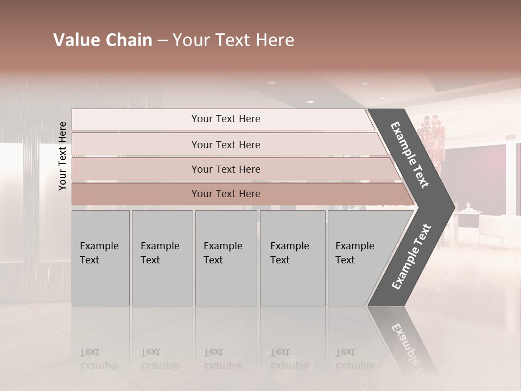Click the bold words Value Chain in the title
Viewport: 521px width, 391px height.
(x=103, y=40)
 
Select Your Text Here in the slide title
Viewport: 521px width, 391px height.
(x=233, y=40)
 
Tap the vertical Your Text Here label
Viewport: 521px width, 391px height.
(x=62, y=156)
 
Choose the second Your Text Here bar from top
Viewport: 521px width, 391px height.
(x=226, y=144)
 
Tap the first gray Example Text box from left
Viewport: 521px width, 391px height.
(x=100, y=258)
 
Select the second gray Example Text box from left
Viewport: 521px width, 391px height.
(x=162, y=258)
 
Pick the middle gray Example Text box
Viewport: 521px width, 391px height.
(x=226, y=258)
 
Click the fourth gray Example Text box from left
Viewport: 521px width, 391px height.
(x=293, y=258)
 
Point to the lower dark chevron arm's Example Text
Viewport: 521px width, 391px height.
(x=411, y=256)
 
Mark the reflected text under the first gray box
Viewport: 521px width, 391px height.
(x=99, y=359)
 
